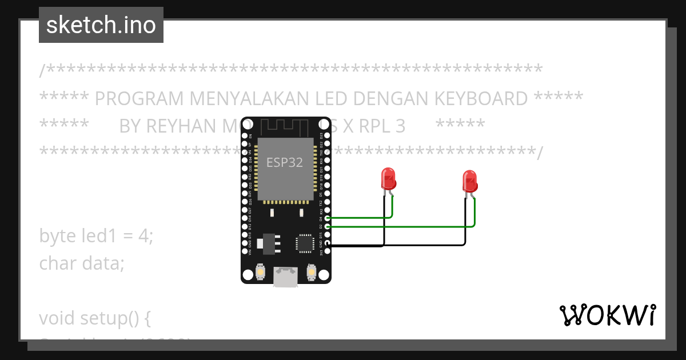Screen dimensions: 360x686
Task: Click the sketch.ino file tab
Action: point(101,25)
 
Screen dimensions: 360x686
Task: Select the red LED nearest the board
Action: point(389,179)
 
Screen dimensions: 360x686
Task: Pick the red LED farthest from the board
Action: point(469,182)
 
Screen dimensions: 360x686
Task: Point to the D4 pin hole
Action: point(327,218)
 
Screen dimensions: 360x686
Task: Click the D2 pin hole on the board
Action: point(327,227)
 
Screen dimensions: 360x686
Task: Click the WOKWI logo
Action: point(607,315)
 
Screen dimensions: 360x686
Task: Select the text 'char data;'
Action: point(82,263)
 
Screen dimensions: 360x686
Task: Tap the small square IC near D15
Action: point(304,243)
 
